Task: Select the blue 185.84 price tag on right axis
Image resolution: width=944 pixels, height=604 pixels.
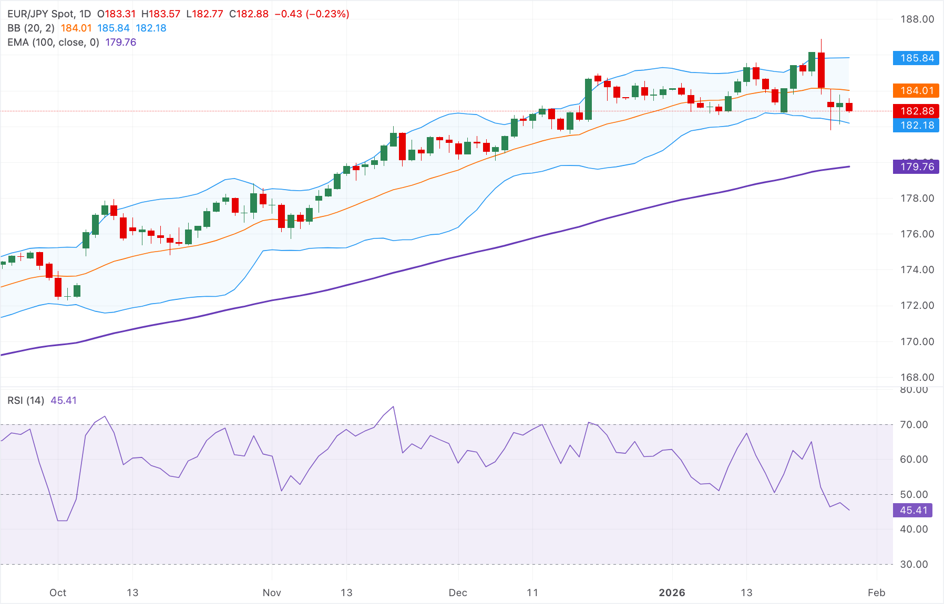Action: (916, 58)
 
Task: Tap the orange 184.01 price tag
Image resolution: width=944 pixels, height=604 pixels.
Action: (916, 91)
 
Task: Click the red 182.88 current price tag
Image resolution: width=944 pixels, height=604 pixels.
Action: (916, 111)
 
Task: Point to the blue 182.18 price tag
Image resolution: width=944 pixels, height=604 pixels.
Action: (916, 125)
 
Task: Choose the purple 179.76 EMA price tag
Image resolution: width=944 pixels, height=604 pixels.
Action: (916, 167)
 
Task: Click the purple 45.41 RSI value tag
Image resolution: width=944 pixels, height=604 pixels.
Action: (913, 510)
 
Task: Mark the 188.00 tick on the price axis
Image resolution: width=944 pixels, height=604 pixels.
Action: (917, 19)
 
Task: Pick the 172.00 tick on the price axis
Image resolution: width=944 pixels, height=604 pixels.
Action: (917, 306)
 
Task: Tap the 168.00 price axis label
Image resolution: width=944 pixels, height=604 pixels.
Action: (917, 377)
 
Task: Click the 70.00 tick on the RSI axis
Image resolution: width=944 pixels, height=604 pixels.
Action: (914, 424)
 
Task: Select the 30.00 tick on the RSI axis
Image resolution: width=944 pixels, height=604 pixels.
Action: (914, 564)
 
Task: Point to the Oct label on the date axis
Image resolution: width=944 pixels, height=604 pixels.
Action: (58, 592)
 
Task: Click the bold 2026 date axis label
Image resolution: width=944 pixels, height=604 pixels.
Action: (672, 592)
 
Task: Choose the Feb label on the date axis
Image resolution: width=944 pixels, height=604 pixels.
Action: (876, 592)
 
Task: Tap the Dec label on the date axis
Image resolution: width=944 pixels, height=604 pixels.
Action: (458, 592)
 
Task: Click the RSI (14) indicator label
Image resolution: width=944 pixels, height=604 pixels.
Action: (26, 401)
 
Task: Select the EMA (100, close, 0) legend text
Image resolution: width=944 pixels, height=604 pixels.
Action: (53, 43)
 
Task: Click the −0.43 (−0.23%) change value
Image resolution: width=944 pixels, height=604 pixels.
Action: (312, 14)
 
